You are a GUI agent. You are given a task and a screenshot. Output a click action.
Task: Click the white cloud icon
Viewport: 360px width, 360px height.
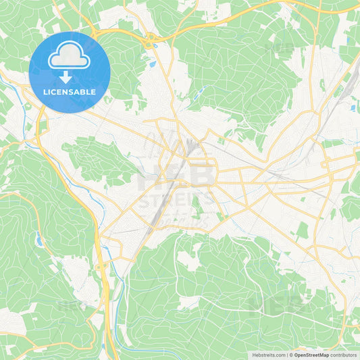pos(69,59)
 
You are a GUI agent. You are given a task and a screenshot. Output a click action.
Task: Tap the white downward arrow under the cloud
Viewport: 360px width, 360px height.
pos(66,77)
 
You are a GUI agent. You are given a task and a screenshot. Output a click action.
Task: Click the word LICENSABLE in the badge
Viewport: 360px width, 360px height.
pos(69,92)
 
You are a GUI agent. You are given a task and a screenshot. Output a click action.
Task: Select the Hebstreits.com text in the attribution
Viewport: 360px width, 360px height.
pos(267,355)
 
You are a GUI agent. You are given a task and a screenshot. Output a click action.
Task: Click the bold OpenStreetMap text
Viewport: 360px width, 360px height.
pos(311,355)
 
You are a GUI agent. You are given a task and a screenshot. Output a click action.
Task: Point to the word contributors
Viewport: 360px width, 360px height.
pos(344,355)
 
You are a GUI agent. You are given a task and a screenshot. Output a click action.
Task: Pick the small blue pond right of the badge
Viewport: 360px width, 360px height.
pos(153,64)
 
